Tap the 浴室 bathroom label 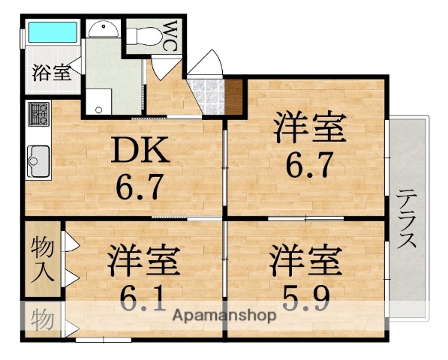[51, 73]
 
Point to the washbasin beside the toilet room [102, 28]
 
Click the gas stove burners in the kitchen [38, 115]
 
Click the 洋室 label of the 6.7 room [308, 127]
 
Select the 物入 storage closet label [43, 260]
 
